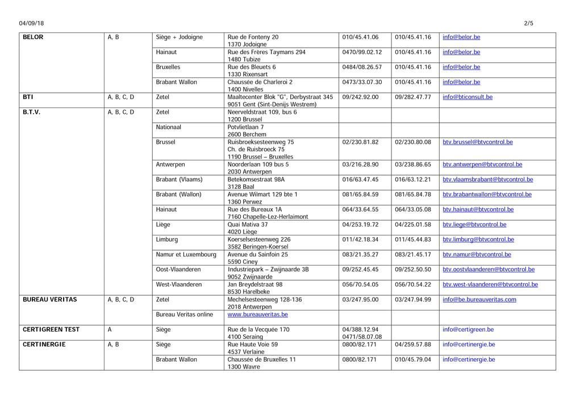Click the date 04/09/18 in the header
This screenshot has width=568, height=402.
(x=31, y=23)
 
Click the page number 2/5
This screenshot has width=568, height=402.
(x=528, y=23)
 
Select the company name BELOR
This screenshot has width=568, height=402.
(x=33, y=38)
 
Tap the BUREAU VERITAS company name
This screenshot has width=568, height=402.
(x=49, y=300)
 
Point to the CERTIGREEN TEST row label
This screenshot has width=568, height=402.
(x=51, y=330)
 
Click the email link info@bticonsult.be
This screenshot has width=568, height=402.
(x=467, y=97)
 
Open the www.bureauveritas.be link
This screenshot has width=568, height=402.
(x=257, y=314)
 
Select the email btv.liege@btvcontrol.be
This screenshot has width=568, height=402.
(x=474, y=225)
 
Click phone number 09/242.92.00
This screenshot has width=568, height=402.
(x=360, y=97)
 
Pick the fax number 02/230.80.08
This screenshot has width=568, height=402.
(x=413, y=142)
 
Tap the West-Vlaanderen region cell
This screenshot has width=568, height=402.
(x=179, y=284)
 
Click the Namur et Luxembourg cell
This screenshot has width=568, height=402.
(x=186, y=255)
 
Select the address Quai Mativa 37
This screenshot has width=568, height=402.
(x=248, y=225)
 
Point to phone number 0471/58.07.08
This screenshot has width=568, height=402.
(x=362, y=337)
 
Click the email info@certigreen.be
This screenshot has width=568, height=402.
(x=468, y=330)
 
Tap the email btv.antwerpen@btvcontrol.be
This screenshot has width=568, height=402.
(x=482, y=165)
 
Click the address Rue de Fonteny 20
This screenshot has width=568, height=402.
(x=253, y=38)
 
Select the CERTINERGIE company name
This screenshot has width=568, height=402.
(x=44, y=345)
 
